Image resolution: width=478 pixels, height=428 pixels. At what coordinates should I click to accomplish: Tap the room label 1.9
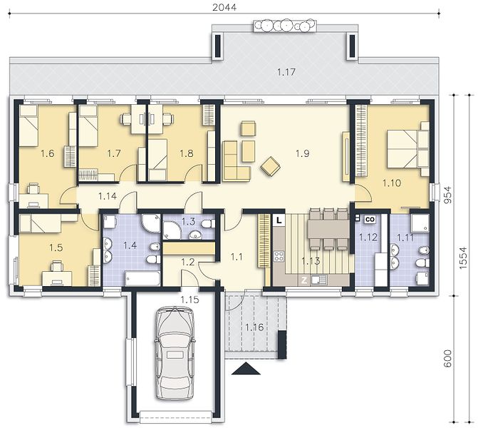pyautogui.click(x=303, y=153)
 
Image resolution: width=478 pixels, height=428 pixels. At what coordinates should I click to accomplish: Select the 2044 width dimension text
pyautogui.click(x=224, y=7)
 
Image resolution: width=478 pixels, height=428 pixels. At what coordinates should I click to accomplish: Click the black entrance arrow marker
pyautogui.click(x=246, y=369)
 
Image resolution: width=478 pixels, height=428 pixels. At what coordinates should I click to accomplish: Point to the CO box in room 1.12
pyautogui.click(x=370, y=220)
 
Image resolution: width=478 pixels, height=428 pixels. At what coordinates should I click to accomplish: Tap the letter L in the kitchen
pyautogui.click(x=279, y=220)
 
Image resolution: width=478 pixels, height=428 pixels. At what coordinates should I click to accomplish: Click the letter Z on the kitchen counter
pyautogui.click(x=304, y=280)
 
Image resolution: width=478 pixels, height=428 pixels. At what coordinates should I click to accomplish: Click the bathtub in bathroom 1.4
pyautogui.click(x=142, y=279)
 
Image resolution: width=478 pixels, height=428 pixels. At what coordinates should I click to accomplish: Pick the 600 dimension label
pyautogui.click(x=447, y=358)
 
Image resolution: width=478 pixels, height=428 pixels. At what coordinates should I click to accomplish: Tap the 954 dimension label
pyautogui.click(x=447, y=195)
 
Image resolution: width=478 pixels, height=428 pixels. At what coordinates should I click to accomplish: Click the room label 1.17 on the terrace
pyautogui.click(x=286, y=72)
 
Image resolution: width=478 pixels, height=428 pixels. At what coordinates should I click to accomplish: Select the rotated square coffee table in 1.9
pyautogui.click(x=271, y=167)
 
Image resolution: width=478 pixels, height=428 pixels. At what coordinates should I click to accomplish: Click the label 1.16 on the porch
pyautogui.click(x=254, y=327)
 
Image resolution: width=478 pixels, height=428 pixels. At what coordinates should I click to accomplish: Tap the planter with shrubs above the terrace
pyautogui.click(x=284, y=26)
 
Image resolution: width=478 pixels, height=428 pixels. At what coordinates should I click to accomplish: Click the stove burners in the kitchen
pyautogui.click(x=279, y=256)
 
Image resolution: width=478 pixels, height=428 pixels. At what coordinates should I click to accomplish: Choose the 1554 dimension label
pyautogui.click(x=463, y=258)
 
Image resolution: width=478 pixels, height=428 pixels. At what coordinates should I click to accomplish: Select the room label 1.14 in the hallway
pyautogui.click(x=108, y=196)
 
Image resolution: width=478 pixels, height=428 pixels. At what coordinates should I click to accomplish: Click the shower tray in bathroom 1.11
pyautogui.click(x=420, y=223)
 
